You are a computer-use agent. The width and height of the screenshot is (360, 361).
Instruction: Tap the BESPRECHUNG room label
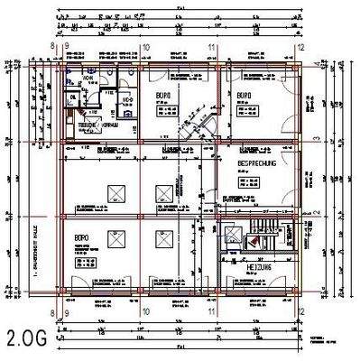(261, 163)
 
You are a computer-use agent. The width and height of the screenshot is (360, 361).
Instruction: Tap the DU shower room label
(72, 96)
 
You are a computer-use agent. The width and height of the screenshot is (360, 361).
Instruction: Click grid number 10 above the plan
(144, 47)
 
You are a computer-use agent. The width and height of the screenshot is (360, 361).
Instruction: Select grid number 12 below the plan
(301, 312)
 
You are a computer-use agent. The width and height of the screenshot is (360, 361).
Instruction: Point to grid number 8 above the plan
(53, 47)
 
